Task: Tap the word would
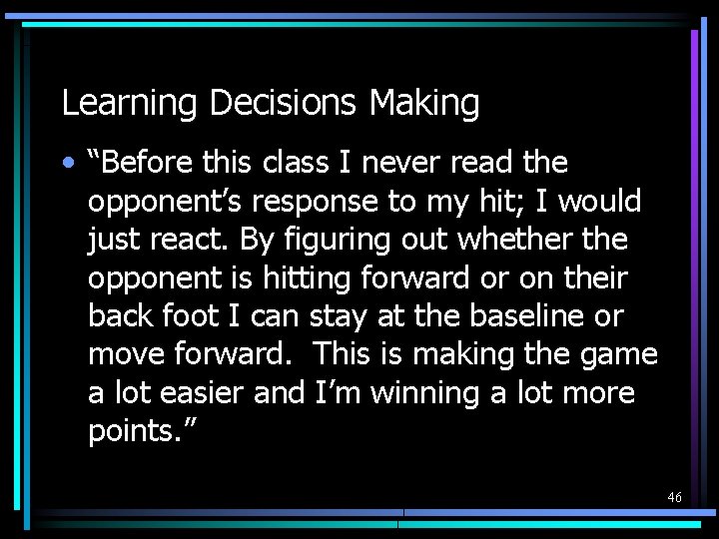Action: [599, 202]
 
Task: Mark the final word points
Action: [130, 432]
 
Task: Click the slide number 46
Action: [675, 496]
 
